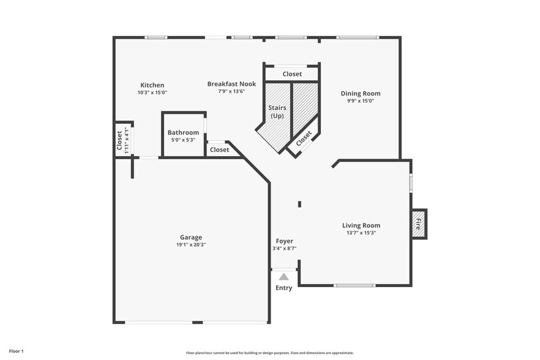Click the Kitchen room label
point(152,85)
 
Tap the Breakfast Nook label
point(231,84)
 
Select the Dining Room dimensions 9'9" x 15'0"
point(361,101)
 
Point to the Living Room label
point(361,225)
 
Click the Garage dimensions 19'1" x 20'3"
point(190,245)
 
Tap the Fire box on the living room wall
point(419,224)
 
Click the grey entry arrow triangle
point(283,277)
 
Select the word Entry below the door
point(283,288)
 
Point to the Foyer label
point(284,241)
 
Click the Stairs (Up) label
point(277,111)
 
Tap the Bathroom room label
point(183,132)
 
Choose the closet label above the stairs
point(292,74)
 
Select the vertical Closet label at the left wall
point(119,140)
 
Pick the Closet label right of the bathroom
point(219,149)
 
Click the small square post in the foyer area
point(299,204)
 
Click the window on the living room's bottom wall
point(354,285)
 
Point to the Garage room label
point(190,238)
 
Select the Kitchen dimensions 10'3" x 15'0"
point(152,92)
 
